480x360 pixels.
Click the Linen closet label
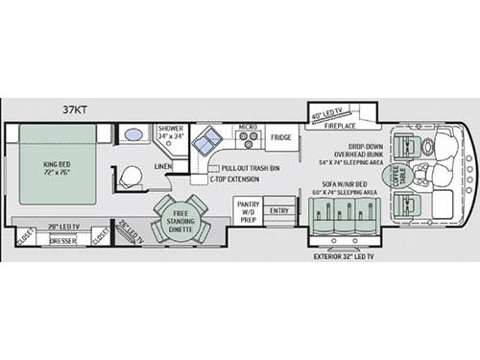click(x=163, y=166)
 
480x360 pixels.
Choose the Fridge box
click(x=280, y=137)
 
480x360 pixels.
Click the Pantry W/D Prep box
click(x=249, y=212)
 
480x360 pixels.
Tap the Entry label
click(x=279, y=211)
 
